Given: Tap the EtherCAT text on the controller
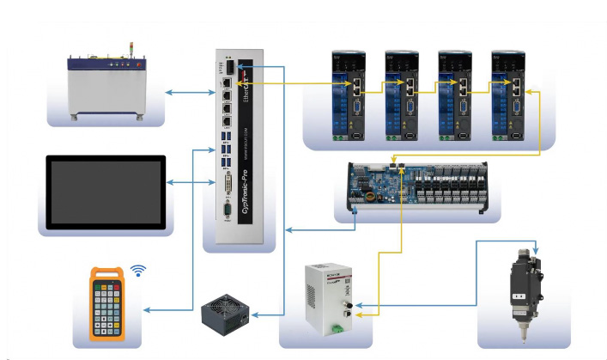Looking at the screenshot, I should click(250, 91).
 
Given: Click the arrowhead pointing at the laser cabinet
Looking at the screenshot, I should click(168, 92).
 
